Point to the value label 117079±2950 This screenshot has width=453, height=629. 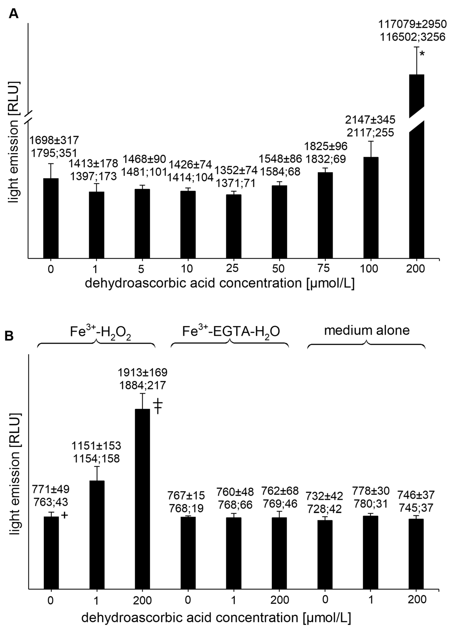(x=413, y=24)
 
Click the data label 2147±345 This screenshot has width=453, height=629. (x=370, y=120)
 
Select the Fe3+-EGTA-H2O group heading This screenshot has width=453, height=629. (x=231, y=331)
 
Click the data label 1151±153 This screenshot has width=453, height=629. (x=96, y=446)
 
